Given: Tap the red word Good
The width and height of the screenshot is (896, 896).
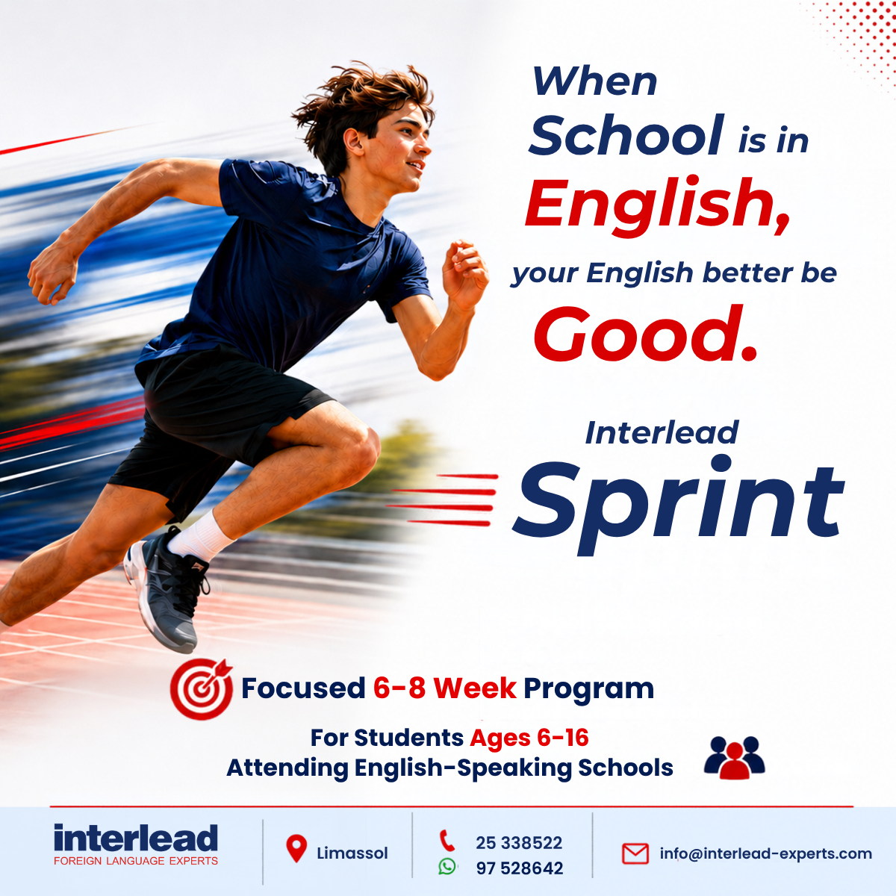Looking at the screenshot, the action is (645, 334).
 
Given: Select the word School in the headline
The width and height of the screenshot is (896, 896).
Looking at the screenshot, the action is (626, 134).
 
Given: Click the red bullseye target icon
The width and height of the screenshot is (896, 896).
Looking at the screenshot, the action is (202, 688).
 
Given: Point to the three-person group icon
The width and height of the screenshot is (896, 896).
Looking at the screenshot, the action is (734, 757).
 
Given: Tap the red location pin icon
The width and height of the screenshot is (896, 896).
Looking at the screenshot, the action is (296, 848).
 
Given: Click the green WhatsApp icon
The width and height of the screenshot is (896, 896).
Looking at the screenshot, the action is (447, 866).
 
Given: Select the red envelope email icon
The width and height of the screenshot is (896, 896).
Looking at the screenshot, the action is (635, 853).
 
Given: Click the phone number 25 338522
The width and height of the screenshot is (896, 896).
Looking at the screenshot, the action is (519, 842).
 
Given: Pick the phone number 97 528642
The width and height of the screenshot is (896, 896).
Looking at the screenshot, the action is (520, 868).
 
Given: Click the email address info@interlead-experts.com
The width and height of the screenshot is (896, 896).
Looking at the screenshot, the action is (766, 853).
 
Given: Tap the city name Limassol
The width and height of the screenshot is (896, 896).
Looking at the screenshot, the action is (352, 853).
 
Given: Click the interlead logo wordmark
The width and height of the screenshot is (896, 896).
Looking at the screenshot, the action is (136, 839).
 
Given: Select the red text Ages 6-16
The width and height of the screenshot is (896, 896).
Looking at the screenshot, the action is (529, 738).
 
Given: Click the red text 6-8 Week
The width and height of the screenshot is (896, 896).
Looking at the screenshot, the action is (444, 688).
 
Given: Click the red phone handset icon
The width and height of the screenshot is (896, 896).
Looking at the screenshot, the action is (447, 841).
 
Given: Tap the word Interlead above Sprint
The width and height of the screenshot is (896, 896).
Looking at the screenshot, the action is (662, 432).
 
